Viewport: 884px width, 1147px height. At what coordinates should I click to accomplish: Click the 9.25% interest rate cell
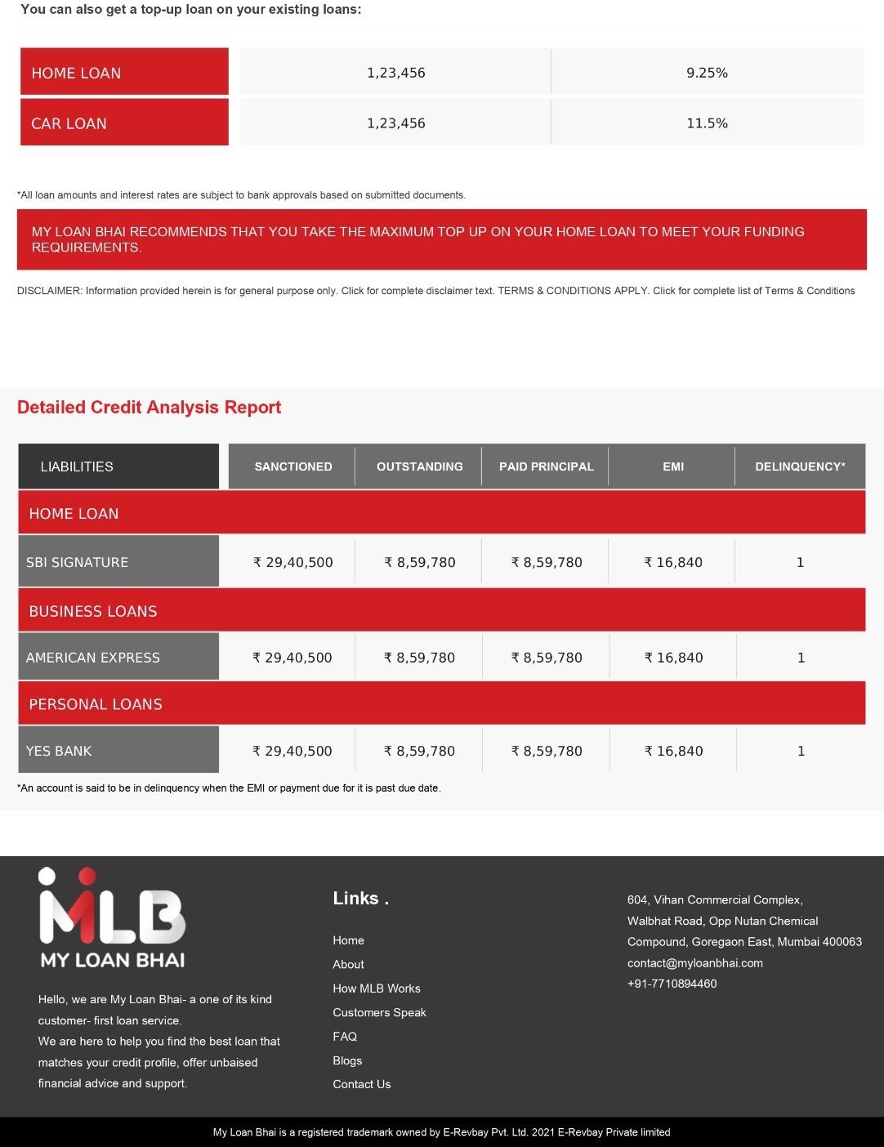tap(707, 73)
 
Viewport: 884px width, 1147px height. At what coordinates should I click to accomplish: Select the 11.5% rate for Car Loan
tap(707, 123)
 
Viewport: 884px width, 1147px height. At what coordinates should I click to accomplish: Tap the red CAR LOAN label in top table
tap(124, 123)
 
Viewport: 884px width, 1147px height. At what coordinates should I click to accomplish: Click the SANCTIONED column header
tap(292, 466)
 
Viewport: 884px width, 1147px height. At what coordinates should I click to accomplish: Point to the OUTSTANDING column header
tap(419, 466)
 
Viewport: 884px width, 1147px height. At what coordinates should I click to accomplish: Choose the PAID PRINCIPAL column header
tap(546, 466)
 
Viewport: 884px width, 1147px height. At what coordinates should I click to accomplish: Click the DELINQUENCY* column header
tap(800, 466)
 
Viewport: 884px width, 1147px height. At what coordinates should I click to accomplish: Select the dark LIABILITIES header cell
tap(118, 466)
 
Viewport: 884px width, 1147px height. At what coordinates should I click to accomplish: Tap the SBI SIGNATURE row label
tap(118, 562)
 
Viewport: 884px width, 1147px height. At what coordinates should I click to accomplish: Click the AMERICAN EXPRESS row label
tap(118, 658)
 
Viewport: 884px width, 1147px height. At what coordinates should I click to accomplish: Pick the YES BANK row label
tap(118, 751)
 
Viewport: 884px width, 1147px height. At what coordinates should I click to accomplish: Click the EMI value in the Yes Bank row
tap(673, 751)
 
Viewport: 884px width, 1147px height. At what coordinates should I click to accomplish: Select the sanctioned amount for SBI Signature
tap(293, 562)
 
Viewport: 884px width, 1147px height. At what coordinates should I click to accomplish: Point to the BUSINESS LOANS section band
tap(441, 611)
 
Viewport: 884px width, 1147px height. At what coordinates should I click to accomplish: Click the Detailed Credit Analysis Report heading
tap(149, 407)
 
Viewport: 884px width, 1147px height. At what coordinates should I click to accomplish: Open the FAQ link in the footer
tap(345, 1036)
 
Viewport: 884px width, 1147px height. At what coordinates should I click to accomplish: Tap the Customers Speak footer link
tap(379, 1012)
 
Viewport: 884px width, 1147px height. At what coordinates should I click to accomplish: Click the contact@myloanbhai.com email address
tap(694, 962)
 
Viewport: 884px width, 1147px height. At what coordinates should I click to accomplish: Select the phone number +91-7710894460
tap(672, 984)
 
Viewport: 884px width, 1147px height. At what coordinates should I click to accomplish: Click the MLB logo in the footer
tap(113, 917)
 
